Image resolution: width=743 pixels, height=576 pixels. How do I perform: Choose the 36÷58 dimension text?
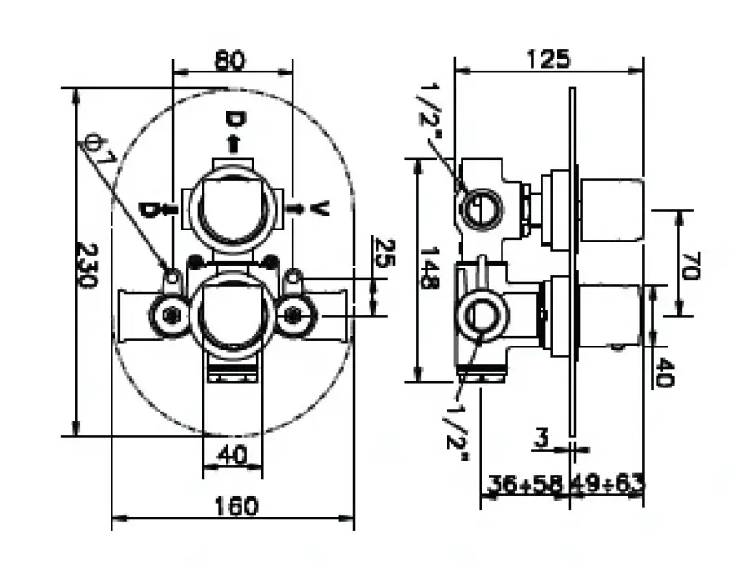point(525,483)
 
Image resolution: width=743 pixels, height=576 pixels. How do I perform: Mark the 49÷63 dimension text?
point(608,483)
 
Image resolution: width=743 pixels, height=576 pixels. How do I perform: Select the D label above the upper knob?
point(233,120)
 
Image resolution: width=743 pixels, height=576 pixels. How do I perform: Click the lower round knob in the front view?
point(232,316)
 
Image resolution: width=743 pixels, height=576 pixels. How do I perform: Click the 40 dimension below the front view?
point(232,454)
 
